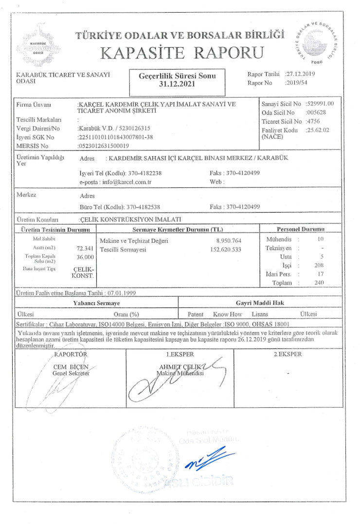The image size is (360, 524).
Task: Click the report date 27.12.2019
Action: coord(302,74)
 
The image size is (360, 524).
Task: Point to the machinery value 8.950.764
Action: coord(229,241)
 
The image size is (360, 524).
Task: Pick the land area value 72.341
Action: coord(85,248)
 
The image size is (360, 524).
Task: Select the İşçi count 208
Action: coord(319,265)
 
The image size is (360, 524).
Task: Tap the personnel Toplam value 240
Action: coord(319,282)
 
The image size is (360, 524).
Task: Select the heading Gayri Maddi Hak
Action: coord(260,303)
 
